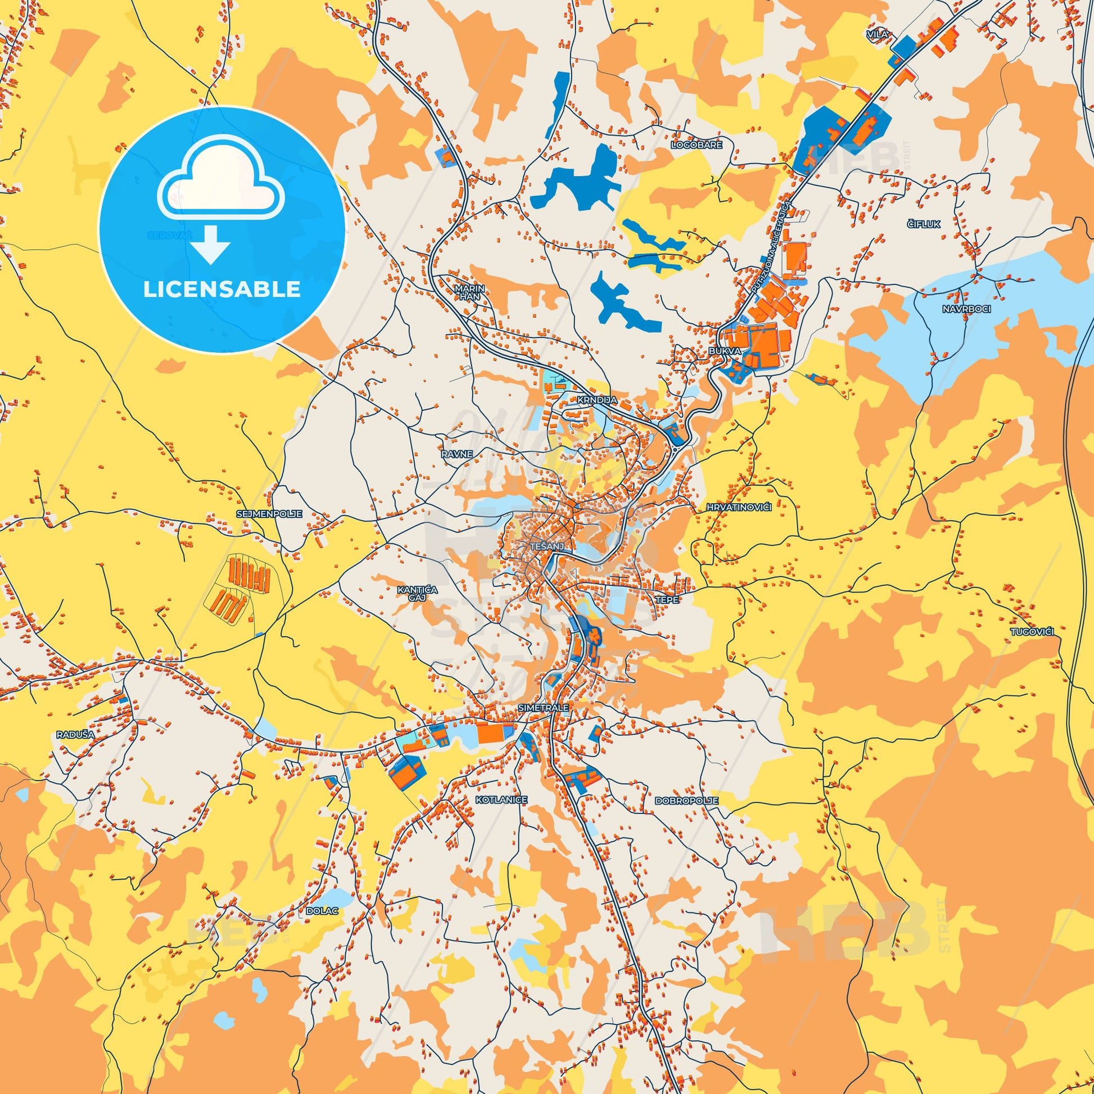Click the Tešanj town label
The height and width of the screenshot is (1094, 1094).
tap(546, 546)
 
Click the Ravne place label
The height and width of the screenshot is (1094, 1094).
tap(457, 454)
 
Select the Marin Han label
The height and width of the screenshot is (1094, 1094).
tap(467, 292)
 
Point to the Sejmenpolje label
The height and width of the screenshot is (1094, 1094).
tap(269, 514)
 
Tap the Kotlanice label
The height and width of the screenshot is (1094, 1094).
tap(501, 799)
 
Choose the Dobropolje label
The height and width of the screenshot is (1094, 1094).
tap(686, 801)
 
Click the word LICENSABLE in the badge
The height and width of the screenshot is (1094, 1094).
tap(221, 290)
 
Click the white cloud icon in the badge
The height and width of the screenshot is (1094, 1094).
tap(221, 184)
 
